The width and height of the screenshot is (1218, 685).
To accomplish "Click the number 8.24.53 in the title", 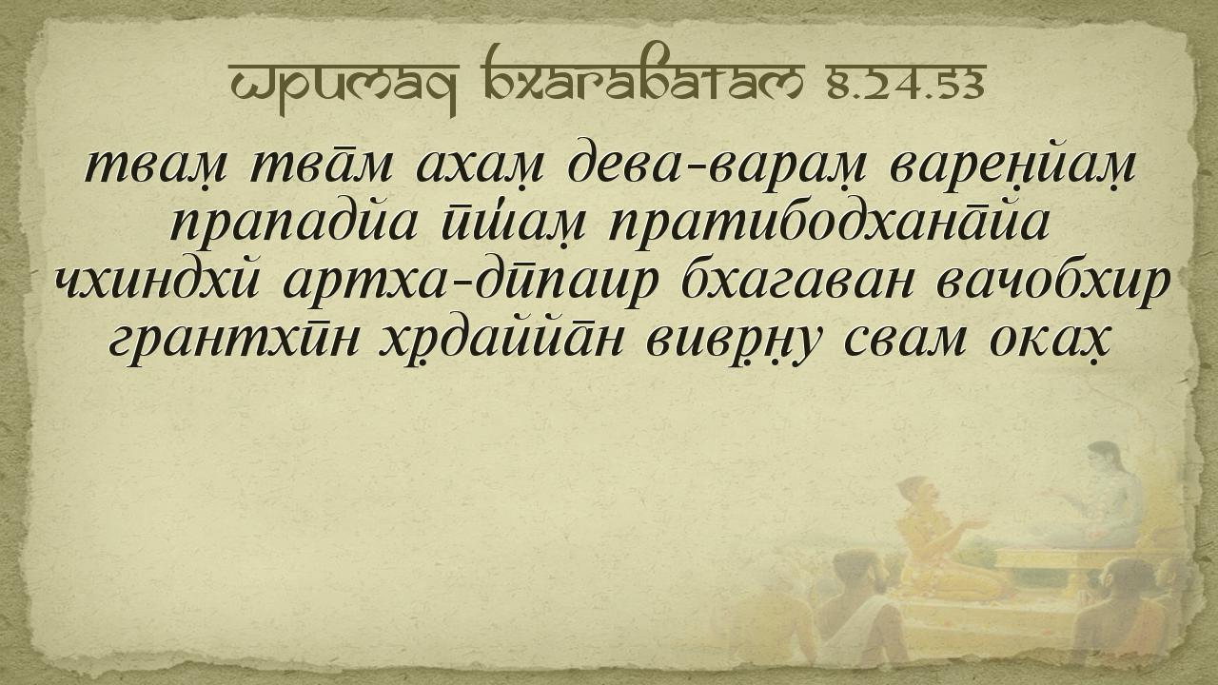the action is point(907,86).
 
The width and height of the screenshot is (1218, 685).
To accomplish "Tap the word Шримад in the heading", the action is point(344,85).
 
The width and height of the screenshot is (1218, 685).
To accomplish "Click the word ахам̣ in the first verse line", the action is point(479,166).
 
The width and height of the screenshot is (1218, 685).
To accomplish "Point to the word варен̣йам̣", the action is point(1012,166).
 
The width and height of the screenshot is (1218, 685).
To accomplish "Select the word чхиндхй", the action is point(158,282).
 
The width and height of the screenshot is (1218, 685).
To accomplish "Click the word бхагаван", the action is point(796,282).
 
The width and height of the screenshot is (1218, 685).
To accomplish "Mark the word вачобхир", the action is point(1052,284).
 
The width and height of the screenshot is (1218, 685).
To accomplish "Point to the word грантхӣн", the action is point(234,343).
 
